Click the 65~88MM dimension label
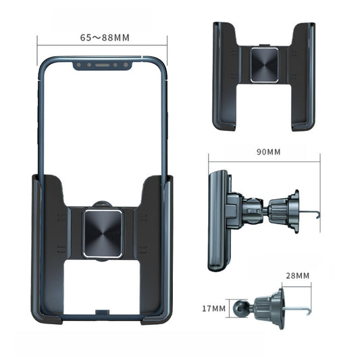[x=104, y=37]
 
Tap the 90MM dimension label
[x=269, y=152]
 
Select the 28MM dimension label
[x=297, y=276]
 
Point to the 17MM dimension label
[x=213, y=308]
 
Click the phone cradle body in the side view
[x=217, y=220]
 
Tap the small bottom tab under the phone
[x=102, y=313]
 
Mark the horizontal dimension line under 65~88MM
[x=102, y=46]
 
